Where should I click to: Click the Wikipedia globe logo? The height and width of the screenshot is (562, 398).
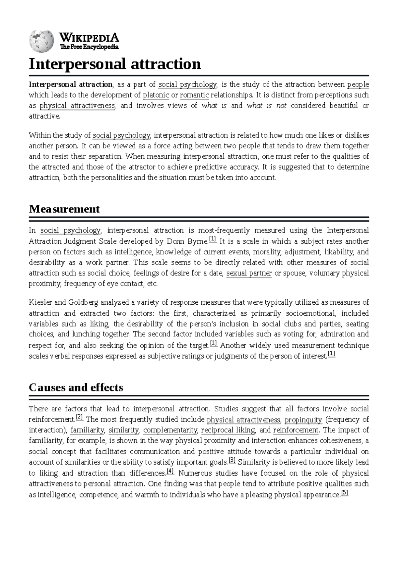41,41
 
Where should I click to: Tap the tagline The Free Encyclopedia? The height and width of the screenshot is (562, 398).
89,47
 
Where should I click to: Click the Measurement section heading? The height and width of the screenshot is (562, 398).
64,209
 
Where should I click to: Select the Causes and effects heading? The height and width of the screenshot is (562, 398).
76,387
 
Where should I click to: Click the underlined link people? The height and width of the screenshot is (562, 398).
358,84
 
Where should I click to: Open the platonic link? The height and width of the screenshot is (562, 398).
156,95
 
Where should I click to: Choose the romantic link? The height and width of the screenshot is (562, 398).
194,95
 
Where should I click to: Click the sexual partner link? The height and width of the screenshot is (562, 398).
249,273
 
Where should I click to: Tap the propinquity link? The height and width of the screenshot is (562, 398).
303,420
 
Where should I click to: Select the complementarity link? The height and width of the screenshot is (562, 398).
170,430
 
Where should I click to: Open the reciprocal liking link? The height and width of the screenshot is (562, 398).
228,430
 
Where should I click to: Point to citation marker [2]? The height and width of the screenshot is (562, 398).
79,417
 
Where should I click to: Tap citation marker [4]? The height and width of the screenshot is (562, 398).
170,471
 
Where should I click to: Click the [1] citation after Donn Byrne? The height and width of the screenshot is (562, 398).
213,239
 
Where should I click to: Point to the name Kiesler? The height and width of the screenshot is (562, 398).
40,302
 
